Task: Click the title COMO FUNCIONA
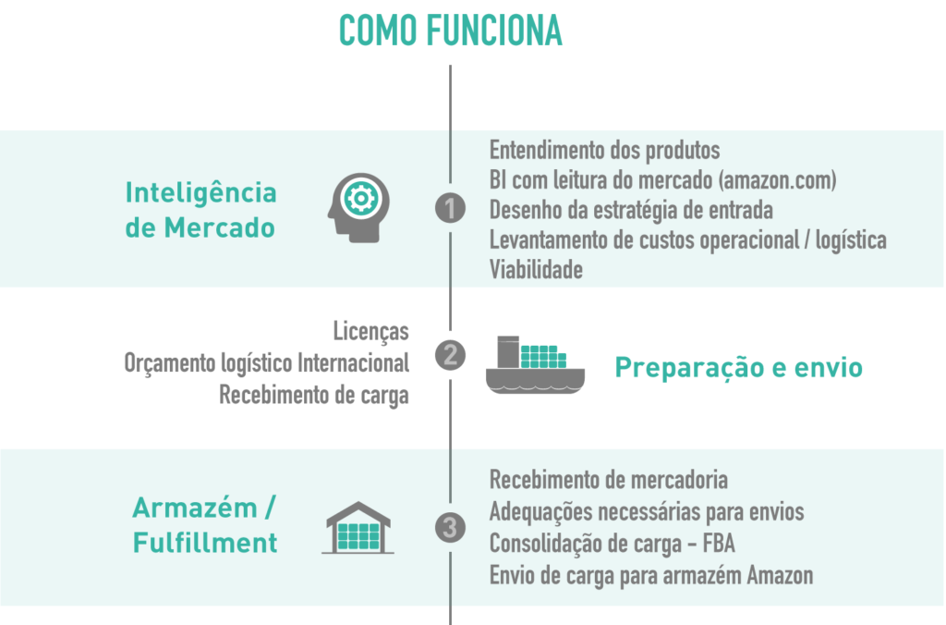click(x=450, y=31)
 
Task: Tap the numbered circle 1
click(x=450, y=209)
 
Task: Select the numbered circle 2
click(x=450, y=356)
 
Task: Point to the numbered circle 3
click(x=450, y=528)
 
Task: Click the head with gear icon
click(x=358, y=209)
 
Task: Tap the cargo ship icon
click(x=535, y=364)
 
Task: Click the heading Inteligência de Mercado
click(x=200, y=210)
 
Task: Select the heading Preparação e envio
click(x=738, y=368)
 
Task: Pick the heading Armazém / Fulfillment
click(x=205, y=525)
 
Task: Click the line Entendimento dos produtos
click(x=604, y=150)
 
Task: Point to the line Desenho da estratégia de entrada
click(x=631, y=210)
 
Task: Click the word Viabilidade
click(x=536, y=270)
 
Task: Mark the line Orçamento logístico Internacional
click(x=266, y=363)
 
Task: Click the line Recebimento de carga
click(x=314, y=395)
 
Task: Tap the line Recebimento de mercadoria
click(x=608, y=480)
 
